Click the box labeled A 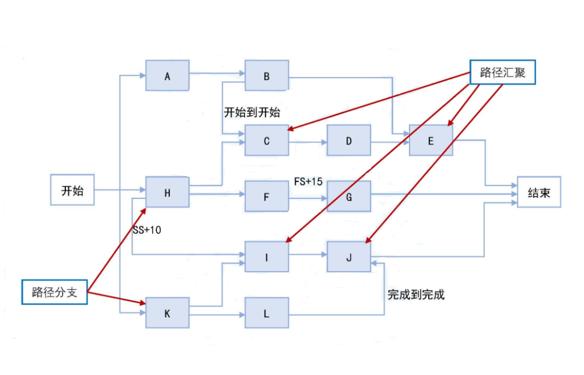(167, 75)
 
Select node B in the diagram (267, 75)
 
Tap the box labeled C (267, 141)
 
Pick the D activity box (349, 141)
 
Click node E (431, 141)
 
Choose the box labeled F (267, 196)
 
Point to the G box (349, 196)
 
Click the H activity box (167, 192)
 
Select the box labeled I (267, 257)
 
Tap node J (349, 257)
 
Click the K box (167, 313)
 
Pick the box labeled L (267, 313)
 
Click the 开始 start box (72, 190)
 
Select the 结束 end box (538, 192)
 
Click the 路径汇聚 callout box (503, 72)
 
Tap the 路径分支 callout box (55, 292)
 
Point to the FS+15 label (308, 181)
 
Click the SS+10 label (147, 230)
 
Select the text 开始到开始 (252, 113)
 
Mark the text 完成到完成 (416, 295)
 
